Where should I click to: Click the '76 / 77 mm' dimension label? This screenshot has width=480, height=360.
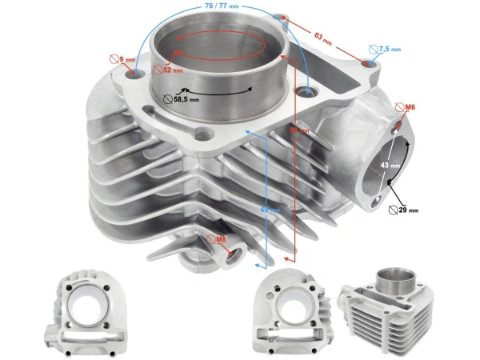click(x=222, y=6)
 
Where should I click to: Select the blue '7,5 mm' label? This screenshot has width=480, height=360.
click(x=390, y=49)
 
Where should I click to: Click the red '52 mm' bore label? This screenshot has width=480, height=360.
click(x=172, y=70)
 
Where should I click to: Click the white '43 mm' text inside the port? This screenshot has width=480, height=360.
click(x=390, y=165)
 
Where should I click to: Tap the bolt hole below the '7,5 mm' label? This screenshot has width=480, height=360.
click(x=368, y=62)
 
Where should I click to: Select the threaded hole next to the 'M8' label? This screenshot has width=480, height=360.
click(x=233, y=254)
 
